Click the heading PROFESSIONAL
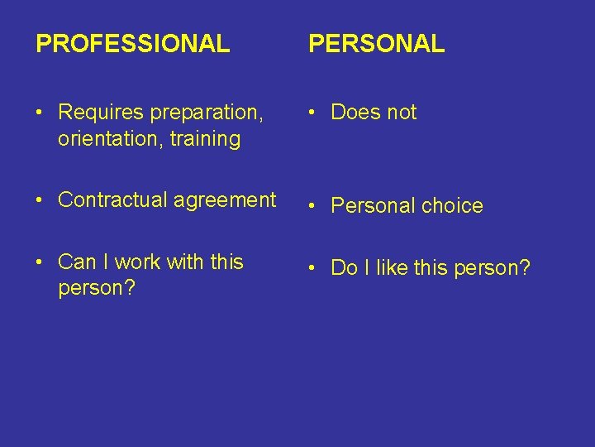coord(133,44)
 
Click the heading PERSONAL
coord(376,44)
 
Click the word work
coord(138,262)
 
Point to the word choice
coord(450,206)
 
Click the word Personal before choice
coord(369,206)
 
